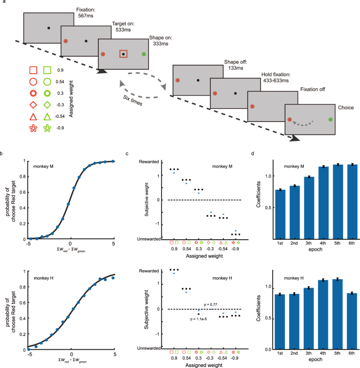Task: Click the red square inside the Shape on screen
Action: click(123, 54)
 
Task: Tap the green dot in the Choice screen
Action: click(330, 120)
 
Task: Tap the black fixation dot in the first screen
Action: click(48, 27)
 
